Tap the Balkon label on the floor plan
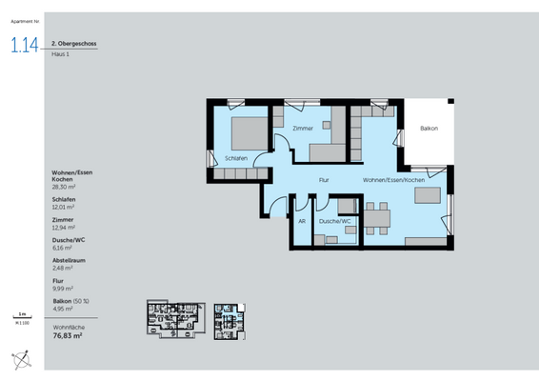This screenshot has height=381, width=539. coord(429,129)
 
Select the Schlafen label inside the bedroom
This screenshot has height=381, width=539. coord(236,158)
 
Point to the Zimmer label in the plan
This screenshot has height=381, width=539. coord(303,128)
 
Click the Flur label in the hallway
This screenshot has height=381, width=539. coord(324,180)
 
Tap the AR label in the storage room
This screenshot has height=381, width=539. coord(302,220)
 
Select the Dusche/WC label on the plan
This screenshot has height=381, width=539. coord(334,220)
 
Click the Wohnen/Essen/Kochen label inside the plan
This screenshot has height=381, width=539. coord(392,180)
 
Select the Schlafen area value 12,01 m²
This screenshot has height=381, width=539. coord(63,206)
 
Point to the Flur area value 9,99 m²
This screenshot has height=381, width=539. coord(62,288)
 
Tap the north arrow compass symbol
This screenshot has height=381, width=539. coord(21,358)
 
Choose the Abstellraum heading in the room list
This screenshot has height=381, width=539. coord(69,260)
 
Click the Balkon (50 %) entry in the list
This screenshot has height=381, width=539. coord(70,302)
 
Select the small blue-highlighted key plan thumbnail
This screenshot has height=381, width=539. coord(229,319)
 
